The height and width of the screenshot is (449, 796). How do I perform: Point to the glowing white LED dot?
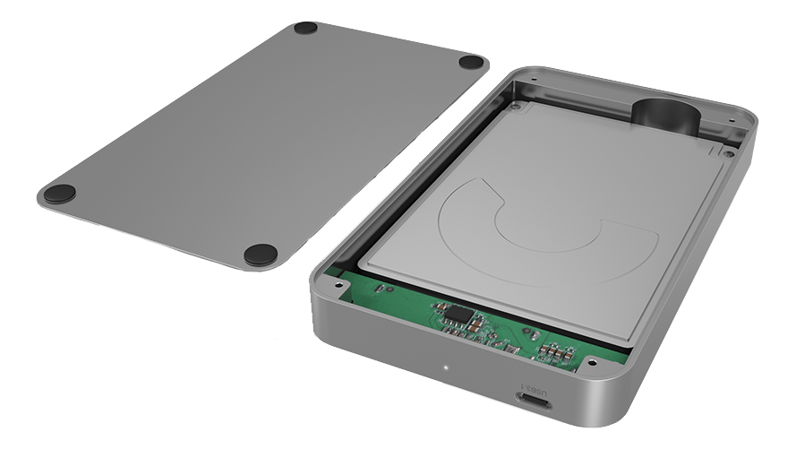pyautogui.click(x=446, y=367)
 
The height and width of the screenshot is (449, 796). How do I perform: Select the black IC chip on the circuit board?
pyautogui.click(x=457, y=315)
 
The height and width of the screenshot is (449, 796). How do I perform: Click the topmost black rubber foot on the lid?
pyautogui.click(x=305, y=28)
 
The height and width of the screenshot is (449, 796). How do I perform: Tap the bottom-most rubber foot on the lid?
pyautogui.click(x=261, y=255)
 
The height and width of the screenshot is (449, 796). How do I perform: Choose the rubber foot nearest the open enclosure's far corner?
pyautogui.click(x=472, y=62)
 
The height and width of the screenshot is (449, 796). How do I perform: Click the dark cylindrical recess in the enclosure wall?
pyautogui.click(x=665, y=117)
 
